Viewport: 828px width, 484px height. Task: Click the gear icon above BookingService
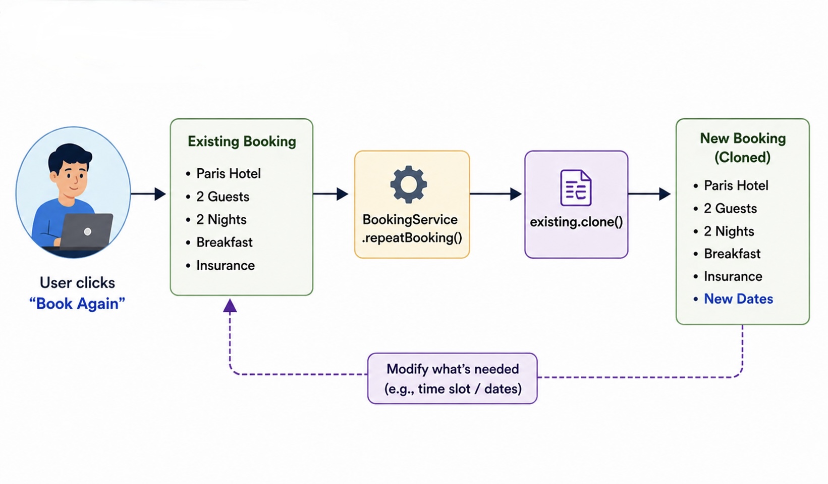(409, 184)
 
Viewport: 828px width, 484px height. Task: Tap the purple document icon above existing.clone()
(576, 188)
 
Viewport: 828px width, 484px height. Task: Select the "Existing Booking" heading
(242, 141)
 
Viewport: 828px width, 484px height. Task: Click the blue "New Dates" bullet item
(738, 299)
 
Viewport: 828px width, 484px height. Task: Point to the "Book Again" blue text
(77, 304)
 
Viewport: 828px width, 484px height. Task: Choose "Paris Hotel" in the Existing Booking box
(228, 174)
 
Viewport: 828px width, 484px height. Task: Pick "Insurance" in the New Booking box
(733, 276)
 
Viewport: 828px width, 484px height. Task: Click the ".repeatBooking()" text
(412, 238)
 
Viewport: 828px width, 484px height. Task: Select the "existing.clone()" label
(576, 222)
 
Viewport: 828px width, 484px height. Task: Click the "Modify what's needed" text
(453, 369)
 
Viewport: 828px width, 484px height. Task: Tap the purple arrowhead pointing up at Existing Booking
(230, 305)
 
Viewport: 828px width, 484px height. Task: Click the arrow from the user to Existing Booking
(148, 193)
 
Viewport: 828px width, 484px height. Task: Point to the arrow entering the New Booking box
(650, 193)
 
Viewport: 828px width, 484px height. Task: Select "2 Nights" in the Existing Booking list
(221, 220)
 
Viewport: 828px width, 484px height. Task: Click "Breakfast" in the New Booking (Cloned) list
(732, 254)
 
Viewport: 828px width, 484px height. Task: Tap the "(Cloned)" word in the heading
(742, 158)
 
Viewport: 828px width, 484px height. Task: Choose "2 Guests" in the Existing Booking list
(223, 197)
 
